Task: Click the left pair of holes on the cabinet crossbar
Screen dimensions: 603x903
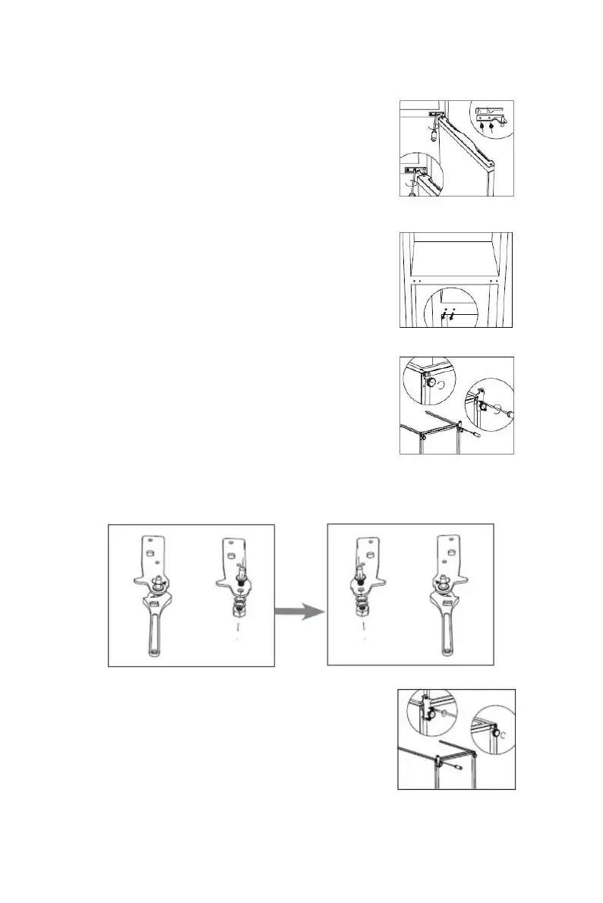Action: point(413,280)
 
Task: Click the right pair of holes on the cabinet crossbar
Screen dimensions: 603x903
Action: point(494,280)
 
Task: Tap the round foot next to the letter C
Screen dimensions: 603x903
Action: point(495,734)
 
